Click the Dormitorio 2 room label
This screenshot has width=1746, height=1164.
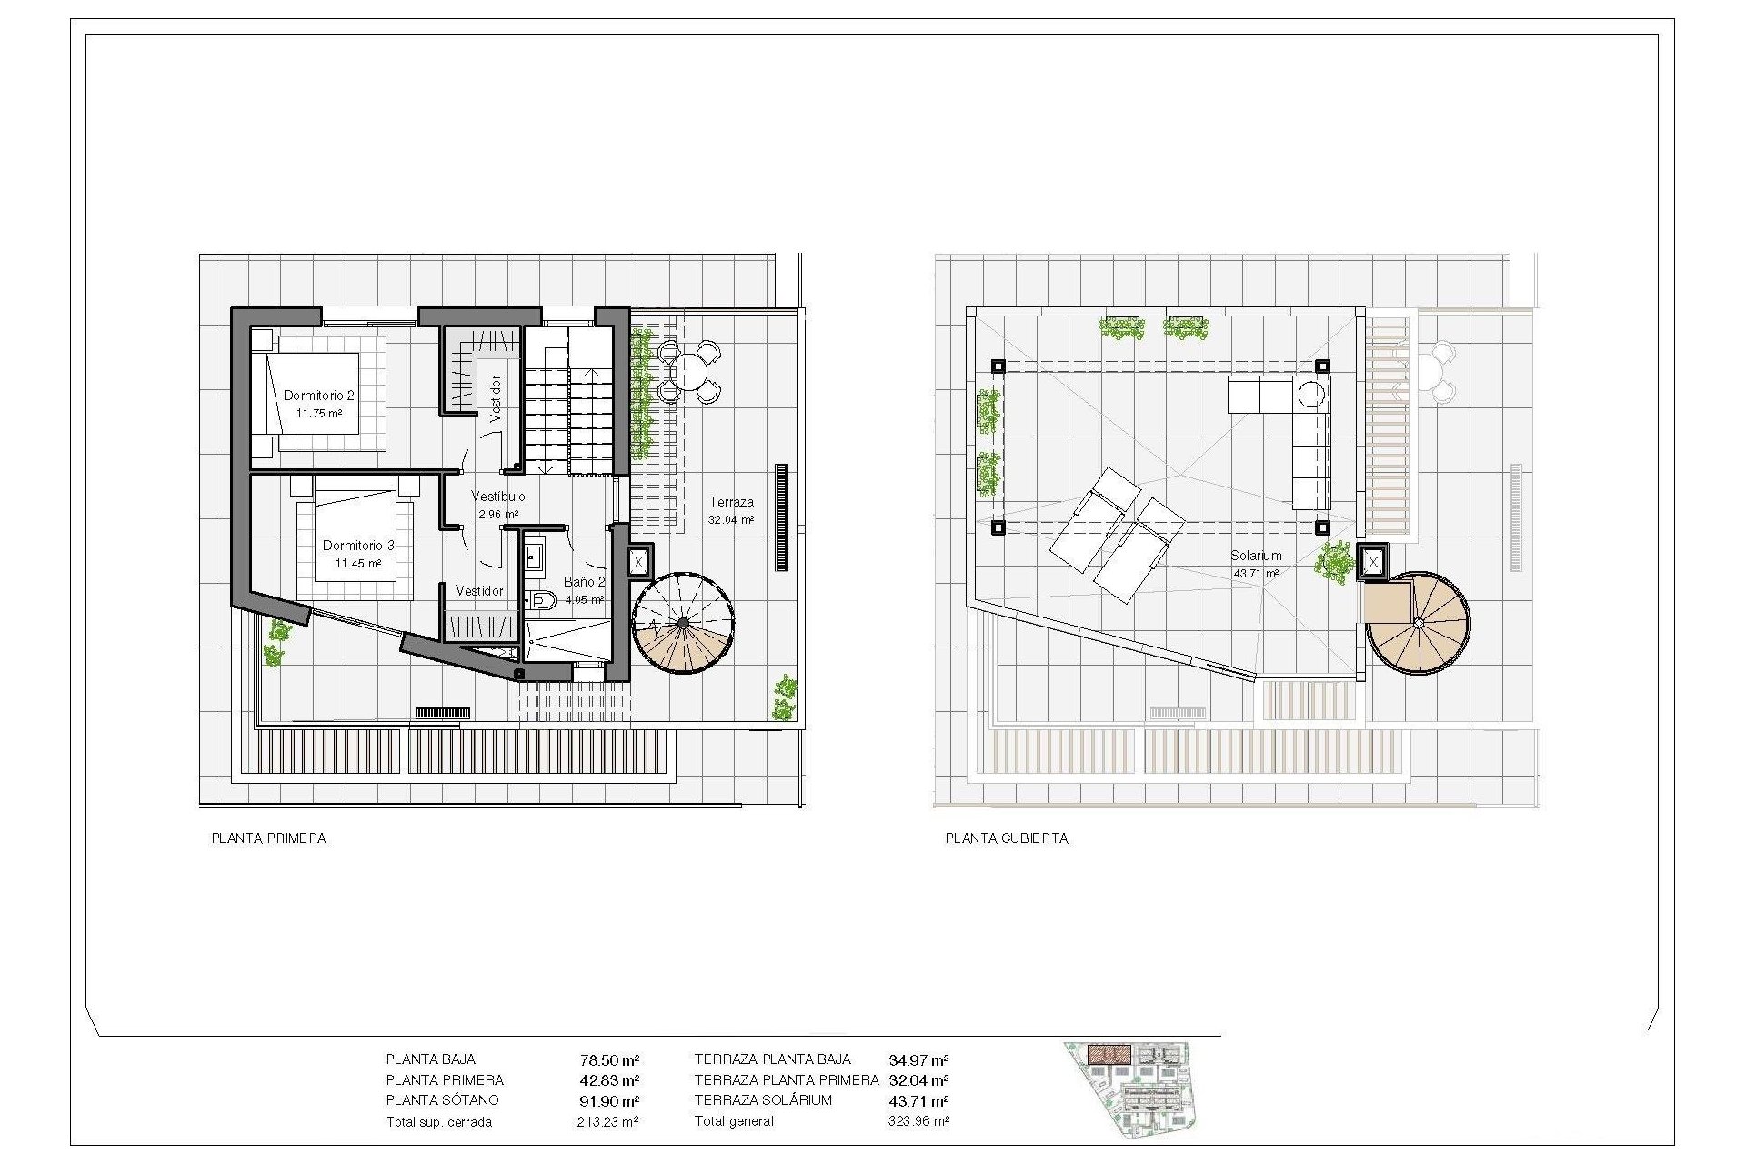pos(318,396)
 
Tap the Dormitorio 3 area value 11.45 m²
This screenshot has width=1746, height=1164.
pos(358,564)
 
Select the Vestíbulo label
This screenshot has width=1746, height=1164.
pos(497,497)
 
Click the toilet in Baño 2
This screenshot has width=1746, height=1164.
pos(544,598)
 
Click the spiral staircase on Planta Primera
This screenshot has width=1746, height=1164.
pos(683,623)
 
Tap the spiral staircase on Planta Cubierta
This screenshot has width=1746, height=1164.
pos(1418,623)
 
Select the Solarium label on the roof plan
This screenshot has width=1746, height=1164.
pos(1256,556)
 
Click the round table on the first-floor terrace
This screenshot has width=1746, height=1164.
pos(689,371)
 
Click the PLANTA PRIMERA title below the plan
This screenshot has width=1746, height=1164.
pos(268,838)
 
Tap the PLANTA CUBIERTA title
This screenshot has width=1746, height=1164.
pos(1007,838)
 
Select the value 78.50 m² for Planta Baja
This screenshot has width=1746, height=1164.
pos(609,1060)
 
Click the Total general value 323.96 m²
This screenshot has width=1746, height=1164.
pos(918,1121)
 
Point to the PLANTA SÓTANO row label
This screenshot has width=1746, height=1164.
pos(442,1100)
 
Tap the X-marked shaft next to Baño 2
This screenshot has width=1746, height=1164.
pos(638,562)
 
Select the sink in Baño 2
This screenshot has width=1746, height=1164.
pos(534,556)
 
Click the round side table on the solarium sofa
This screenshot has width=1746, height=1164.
pos(1311,395)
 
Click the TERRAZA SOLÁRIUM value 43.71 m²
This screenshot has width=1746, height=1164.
pos(918,1101)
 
